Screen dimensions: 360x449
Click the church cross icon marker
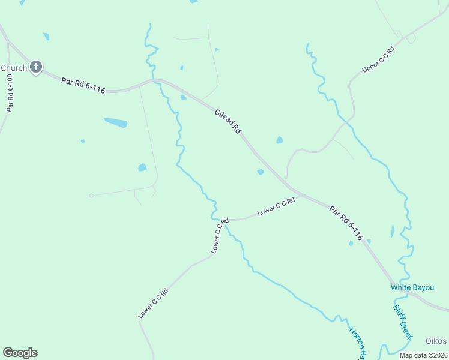pyautogui.click(x=36, y=67)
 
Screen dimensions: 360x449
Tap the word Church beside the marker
pyautogui.click(x=14, y=68)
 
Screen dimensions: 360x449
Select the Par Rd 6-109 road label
pyautogui.click(x=10, y=92)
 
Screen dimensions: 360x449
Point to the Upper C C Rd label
pyautogui.click(x=378, y=60)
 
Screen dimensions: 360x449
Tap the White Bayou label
pyautogui.click(x=412, y=288)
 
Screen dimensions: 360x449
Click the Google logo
pyautogui.click(x=20, y=353)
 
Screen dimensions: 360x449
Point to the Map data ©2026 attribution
pyautogui.click(x=423, y=355)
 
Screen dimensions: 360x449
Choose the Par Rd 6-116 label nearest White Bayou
pyautogui.click(x=346, y=223)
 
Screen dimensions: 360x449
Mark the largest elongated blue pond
pyautogui.click(x=116, y=122)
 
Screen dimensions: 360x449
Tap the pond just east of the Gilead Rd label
pyautogui.click(x=279, y=140)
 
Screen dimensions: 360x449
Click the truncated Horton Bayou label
pyautogui.click(x=358, y=343)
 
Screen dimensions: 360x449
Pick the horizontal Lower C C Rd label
pyautogui.click(x=276, y=207)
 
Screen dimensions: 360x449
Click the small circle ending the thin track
pyautogui.click(x=91, y=195)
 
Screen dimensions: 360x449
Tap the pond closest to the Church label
pyautogui.click(x=46, y=37)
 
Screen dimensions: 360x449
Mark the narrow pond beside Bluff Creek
pyautogui.click(x=393, y=231)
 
